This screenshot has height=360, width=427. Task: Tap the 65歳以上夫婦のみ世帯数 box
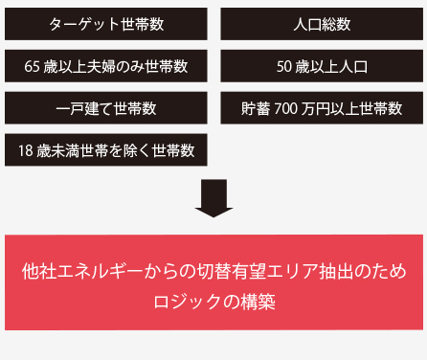[105, 66]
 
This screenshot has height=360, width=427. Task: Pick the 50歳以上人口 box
[321, 66]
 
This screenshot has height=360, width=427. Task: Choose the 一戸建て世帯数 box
[105, 107]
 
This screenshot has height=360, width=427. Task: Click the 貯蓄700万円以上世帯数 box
[321, 107]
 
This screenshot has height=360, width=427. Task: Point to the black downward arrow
[213, 196]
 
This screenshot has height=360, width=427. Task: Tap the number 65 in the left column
[34, 67]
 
